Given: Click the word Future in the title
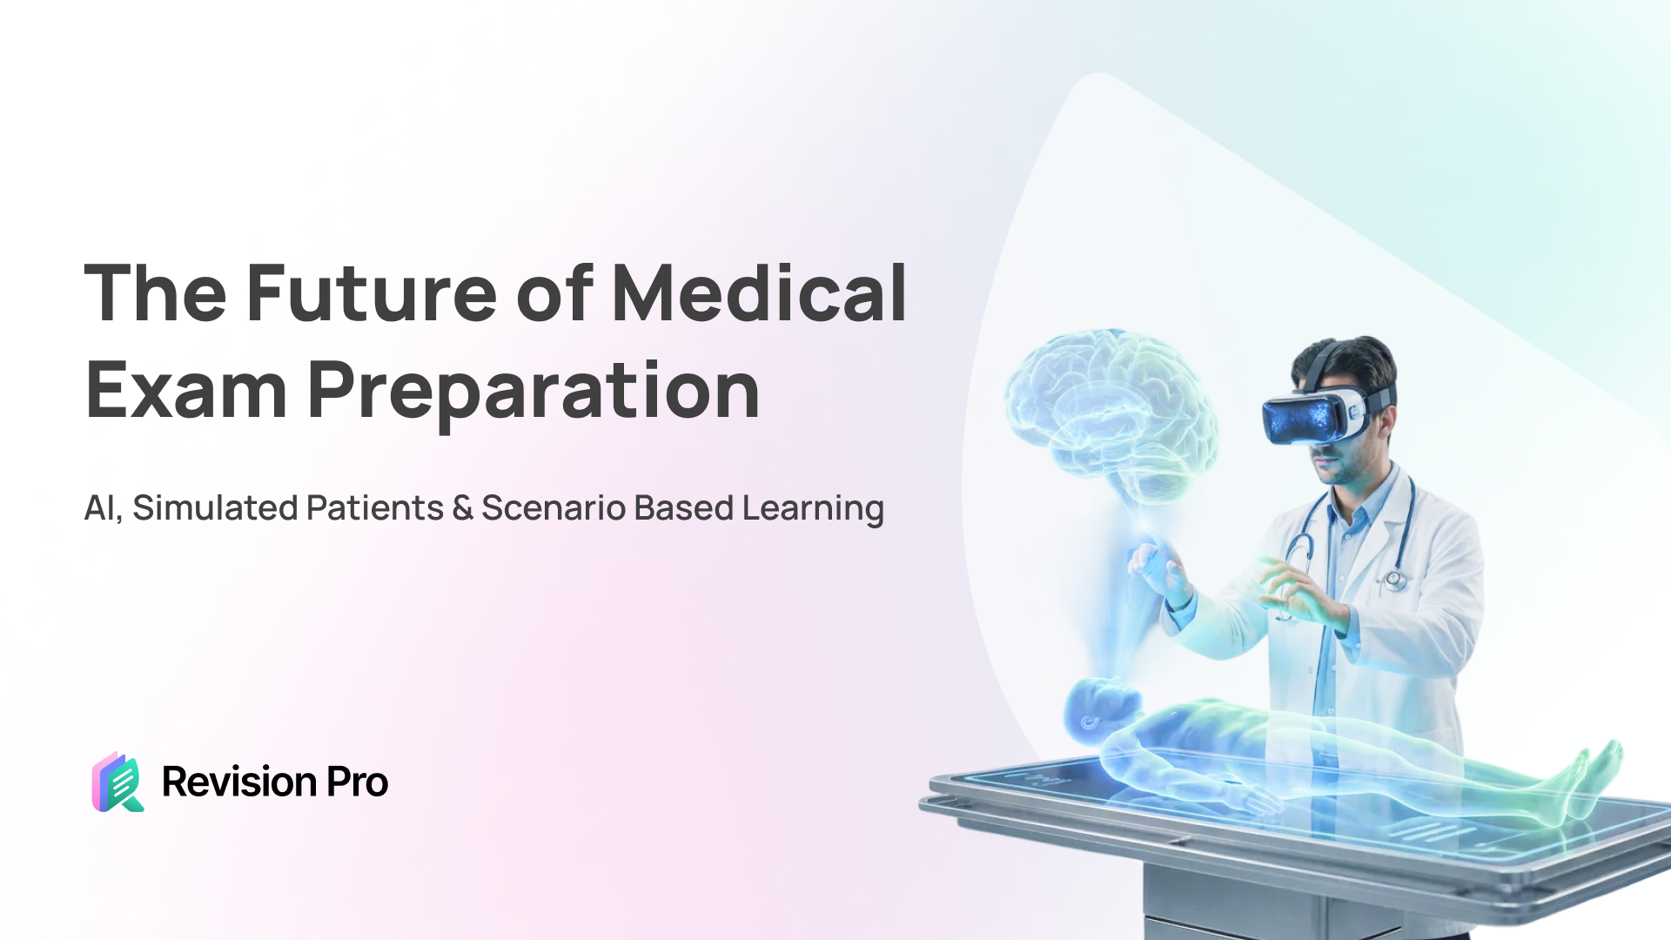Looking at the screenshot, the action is tap(372, 293).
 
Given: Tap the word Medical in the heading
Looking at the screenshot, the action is tap(760, 293).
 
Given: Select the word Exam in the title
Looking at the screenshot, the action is tap(186, 391).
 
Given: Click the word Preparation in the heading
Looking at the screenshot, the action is tap(534, 393).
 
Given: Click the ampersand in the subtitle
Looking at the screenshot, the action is tap(463, 508).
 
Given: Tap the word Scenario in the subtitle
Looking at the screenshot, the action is tap(554, 508).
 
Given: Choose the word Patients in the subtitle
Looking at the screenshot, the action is tap(375, 508).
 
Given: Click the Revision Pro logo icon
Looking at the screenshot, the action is tap(117, 782).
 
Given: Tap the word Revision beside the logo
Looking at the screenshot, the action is tap(239, 782).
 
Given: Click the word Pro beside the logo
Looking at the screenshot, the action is tap(358, 782).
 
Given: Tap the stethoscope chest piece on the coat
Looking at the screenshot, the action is tap(1395, 579).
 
